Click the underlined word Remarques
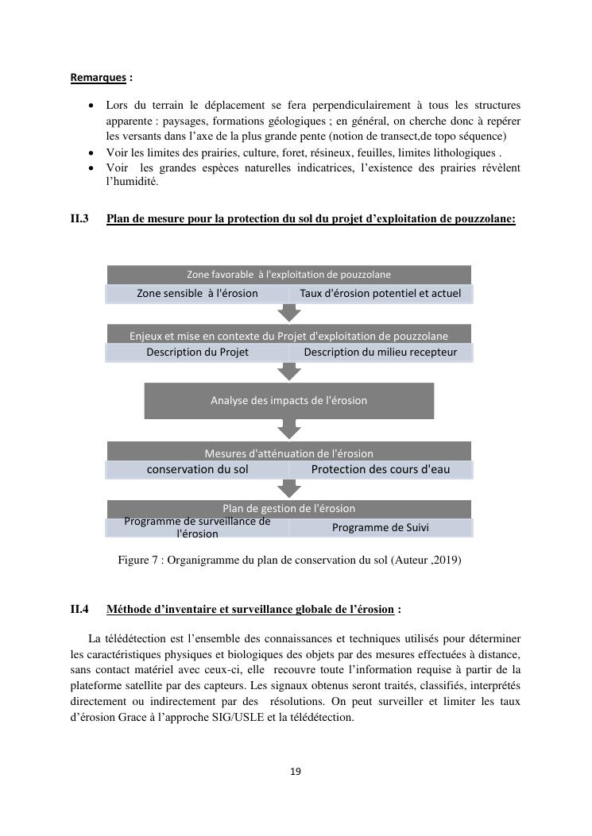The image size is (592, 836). click(99, 78)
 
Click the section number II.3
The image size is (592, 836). click(79, 218)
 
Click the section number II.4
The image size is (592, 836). click(79, 610)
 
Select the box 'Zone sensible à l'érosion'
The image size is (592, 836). click(197, 294)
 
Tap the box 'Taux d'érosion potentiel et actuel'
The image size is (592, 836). click(380, 294)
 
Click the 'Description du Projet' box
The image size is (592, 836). click(197, 353)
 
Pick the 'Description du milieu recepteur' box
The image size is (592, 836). click(380, 353)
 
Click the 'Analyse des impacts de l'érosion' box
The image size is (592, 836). click(288, 401)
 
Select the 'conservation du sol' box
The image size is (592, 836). click(197, 470)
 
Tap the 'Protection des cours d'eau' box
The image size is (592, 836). click(380, 470)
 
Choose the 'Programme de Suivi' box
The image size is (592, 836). click(380, 528)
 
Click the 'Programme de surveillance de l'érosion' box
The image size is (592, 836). click(197, 528)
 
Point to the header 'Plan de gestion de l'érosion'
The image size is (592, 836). click(288, 508)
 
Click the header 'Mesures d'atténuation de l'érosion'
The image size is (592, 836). click(288, 453)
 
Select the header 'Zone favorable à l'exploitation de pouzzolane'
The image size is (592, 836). click(288, 275)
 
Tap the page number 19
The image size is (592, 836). click(296, 772)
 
